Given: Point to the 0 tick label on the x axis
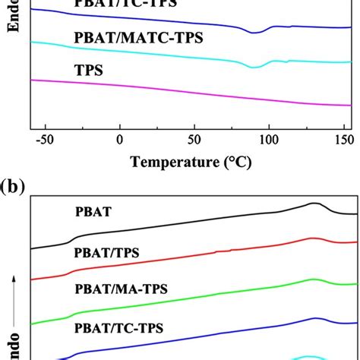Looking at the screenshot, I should [x=119, y=141].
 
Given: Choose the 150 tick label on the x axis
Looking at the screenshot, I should [x=342, y=141].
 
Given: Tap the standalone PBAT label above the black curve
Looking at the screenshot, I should [x=94, y=213].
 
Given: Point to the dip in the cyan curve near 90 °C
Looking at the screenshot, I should [x=255, y=68].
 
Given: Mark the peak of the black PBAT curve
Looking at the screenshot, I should [x=314, y=203].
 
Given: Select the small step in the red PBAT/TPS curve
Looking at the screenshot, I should [x=219, y=251].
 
